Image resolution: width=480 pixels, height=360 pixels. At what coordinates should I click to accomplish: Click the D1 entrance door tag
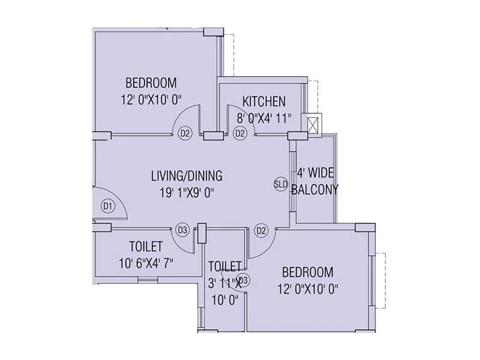[108, 206]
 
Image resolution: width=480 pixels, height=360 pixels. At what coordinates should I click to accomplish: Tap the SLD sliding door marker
[281, 184]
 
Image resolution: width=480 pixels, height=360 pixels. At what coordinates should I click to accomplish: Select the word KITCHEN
[264, 101]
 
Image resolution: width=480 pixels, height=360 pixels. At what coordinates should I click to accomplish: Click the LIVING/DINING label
[187, 176]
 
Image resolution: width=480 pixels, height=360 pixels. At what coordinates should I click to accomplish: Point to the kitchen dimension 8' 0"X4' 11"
[263, 118]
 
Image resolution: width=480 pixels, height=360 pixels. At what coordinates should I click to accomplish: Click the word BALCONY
[315, 190]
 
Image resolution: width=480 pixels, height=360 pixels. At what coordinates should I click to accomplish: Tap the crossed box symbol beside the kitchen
[313, 125]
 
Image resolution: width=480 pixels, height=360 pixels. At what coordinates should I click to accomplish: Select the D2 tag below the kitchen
[240, 133]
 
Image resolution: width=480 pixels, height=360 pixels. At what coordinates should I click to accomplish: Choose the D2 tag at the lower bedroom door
[261, 229]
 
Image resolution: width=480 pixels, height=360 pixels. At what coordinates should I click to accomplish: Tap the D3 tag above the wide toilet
[183, 229]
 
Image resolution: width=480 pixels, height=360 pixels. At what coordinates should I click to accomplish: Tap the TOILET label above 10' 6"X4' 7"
[146, 246]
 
